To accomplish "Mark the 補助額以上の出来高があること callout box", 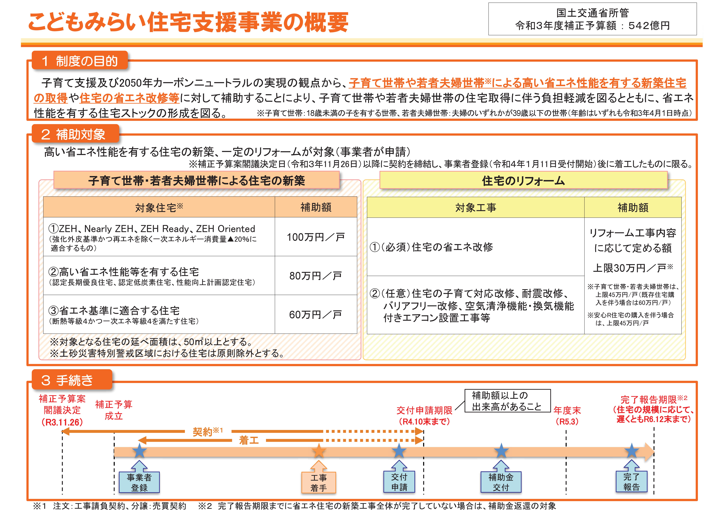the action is [508, 401].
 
